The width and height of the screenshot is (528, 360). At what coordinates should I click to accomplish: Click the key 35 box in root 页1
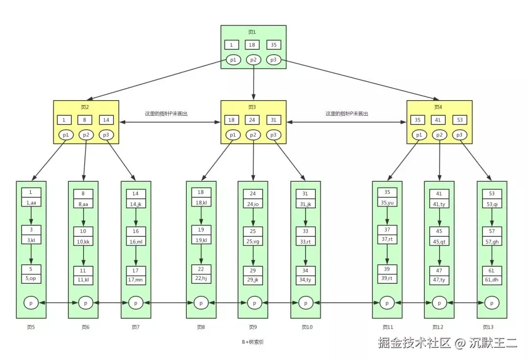point(273,45)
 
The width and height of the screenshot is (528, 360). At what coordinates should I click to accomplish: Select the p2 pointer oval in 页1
point(253,60)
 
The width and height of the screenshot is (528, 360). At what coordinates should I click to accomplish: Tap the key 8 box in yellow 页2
point(86,120)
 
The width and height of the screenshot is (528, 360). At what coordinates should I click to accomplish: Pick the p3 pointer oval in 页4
point(459,135)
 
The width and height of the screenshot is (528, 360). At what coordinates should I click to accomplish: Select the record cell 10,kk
point(83,241)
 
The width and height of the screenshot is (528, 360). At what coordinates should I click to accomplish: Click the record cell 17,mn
point(136,280)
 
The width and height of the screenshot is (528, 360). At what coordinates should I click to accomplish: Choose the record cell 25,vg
point(253,241)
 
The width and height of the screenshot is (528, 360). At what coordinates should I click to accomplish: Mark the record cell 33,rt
point(306,241)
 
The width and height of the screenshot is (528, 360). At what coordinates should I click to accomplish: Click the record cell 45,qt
point(439,241)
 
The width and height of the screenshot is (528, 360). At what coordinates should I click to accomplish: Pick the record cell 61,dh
point(492,280)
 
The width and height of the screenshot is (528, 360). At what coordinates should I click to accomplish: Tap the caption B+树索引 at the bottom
point(252,342)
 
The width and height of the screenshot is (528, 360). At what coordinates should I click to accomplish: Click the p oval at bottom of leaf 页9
point(253,303)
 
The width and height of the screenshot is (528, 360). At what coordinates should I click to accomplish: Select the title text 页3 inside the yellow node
point(252,107)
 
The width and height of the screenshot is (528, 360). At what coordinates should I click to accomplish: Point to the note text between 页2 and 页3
point(166,113)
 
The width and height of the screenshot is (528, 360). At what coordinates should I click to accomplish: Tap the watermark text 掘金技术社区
point(414,343)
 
